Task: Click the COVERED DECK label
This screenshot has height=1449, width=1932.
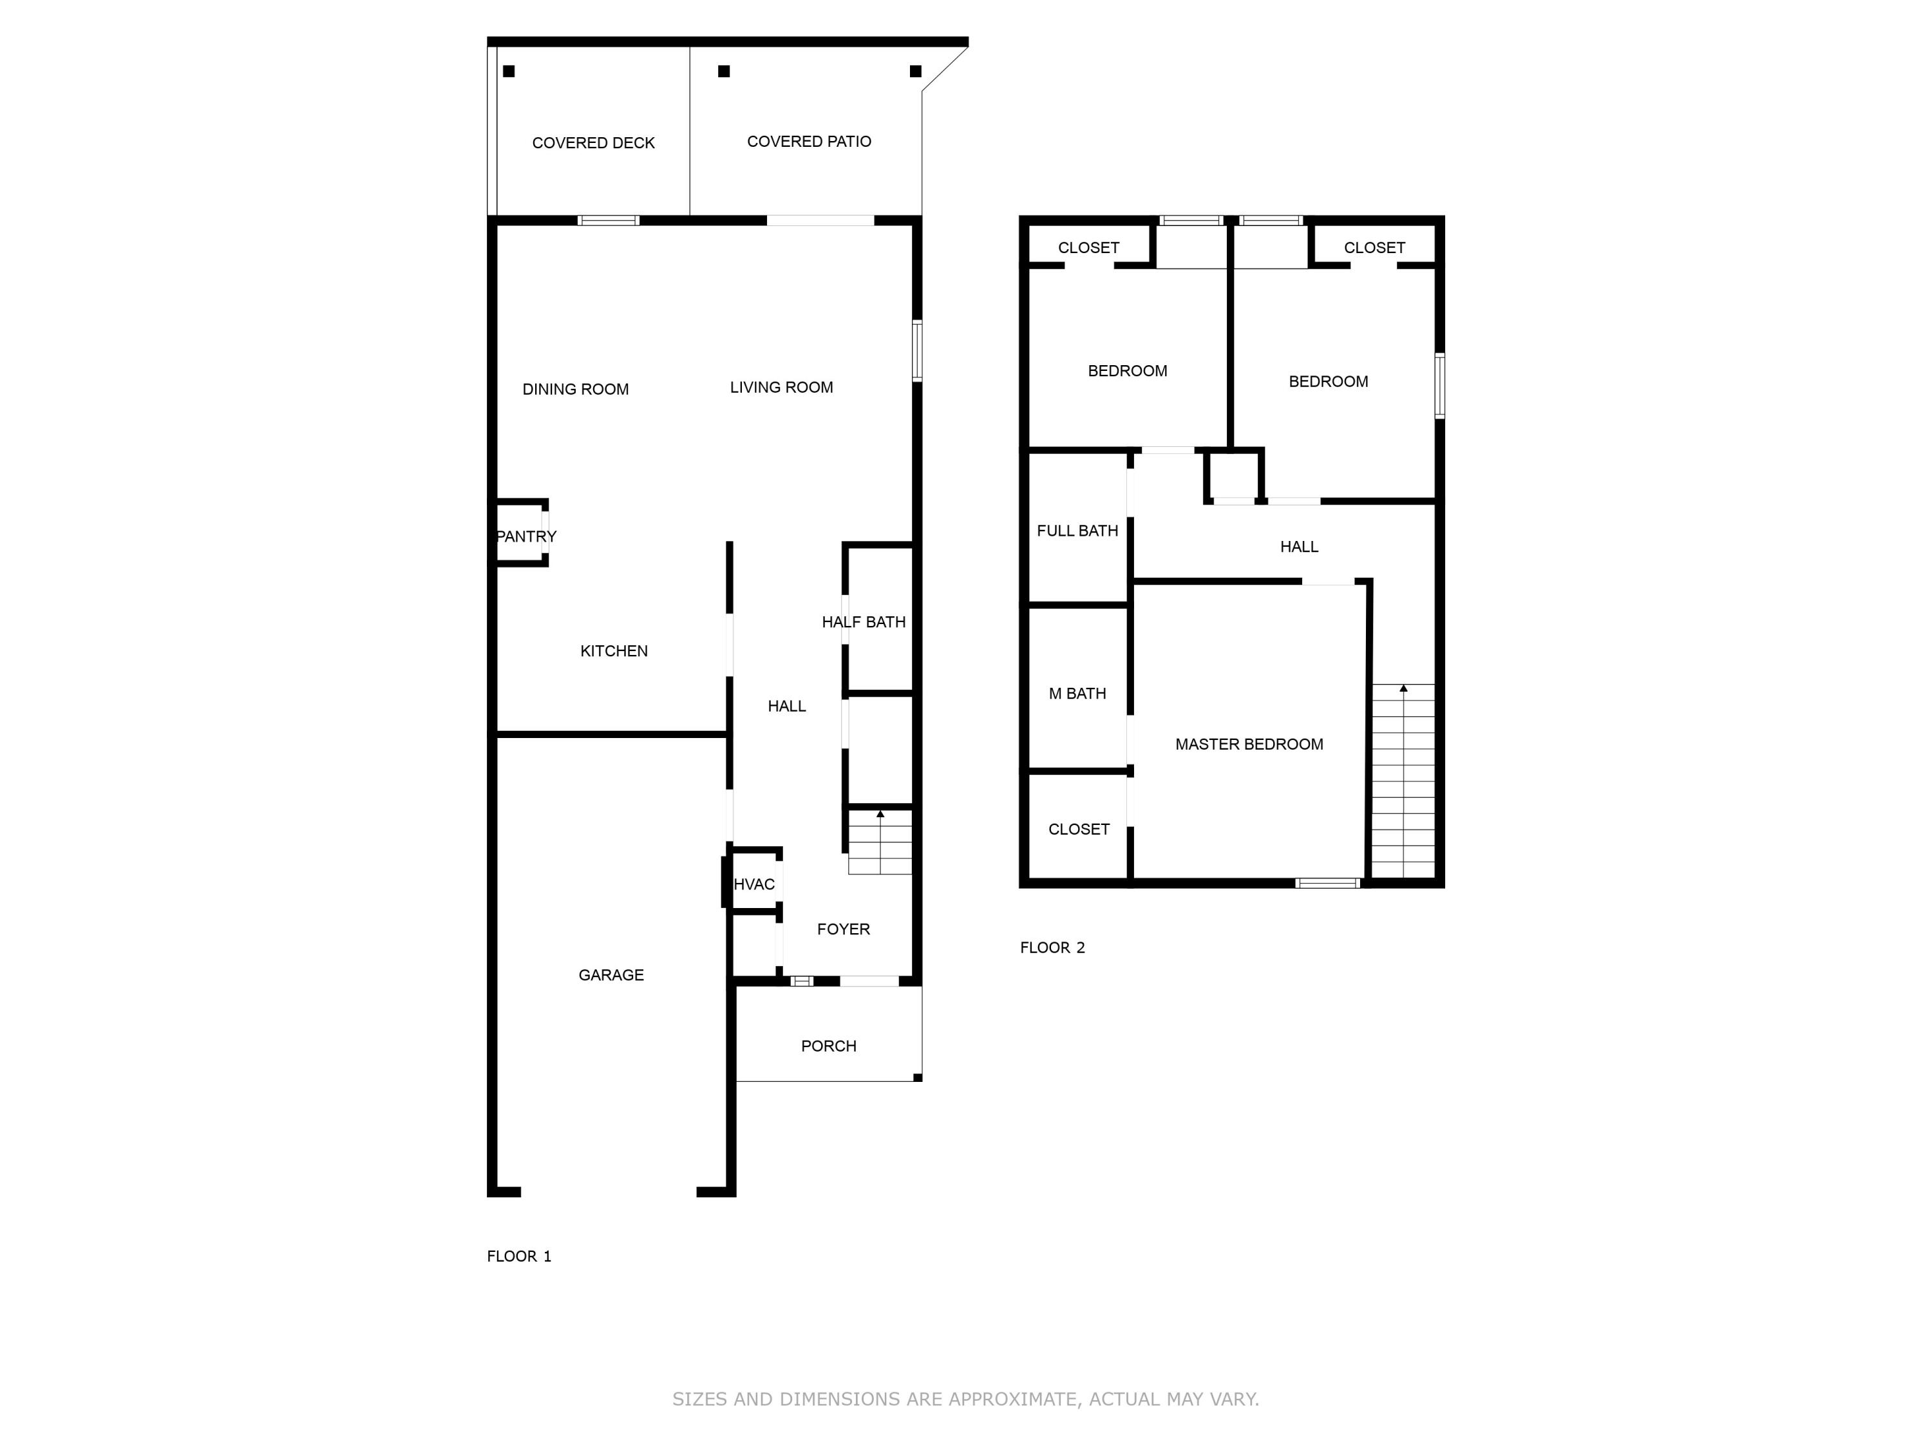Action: pos(593,143)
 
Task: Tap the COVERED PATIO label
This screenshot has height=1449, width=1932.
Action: pos(809,142)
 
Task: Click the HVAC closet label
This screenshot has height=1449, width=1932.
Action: pos(753,884)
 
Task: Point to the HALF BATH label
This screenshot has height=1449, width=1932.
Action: pos(863,622)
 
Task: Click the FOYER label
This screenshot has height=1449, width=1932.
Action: pos(843,929)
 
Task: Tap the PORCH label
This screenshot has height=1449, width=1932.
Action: pos(828,1045)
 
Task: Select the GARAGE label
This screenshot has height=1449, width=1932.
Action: pos(611,975)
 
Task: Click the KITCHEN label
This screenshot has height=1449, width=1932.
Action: pos(613,650)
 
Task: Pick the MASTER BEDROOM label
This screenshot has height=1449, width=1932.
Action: pos(1248,744)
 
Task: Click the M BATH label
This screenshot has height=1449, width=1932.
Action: pos(1077,694)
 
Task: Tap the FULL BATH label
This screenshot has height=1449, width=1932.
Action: pos(1077,530)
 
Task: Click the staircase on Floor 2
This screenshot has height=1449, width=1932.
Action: pos(1403,782)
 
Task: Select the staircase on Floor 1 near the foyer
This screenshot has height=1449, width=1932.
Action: pos(880,843)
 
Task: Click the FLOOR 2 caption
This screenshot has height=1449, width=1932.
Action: pos(1052,948)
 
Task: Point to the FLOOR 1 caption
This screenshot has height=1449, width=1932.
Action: pos(519,1256)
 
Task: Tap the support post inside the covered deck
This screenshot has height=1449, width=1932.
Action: pos(508,71)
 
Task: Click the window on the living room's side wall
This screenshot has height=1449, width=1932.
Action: pos(917,351)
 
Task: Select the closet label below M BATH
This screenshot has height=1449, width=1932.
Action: pos(1078,829)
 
